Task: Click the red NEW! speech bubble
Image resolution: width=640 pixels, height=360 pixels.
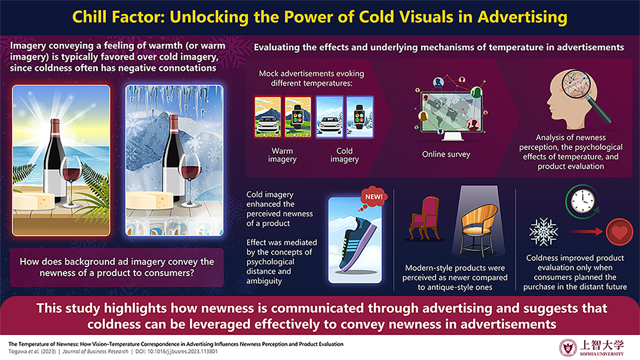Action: (373, 196)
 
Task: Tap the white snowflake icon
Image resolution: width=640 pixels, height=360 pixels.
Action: (543, 232)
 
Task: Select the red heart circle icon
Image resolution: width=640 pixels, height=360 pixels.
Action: (619, 232)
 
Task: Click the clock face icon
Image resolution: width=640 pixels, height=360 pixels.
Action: (583, 201)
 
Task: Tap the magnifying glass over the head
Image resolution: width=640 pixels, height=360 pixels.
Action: (585, 94)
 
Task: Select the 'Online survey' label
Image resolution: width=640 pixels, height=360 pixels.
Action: (446, 154)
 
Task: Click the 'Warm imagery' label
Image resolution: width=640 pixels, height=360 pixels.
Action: (282, 155)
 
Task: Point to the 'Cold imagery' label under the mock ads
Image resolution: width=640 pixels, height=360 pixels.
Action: (344, 155)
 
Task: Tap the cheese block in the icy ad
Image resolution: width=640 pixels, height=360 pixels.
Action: (149, 200)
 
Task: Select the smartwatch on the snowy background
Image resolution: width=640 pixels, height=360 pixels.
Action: (359, 117)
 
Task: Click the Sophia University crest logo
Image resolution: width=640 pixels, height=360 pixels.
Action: (568, 348)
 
